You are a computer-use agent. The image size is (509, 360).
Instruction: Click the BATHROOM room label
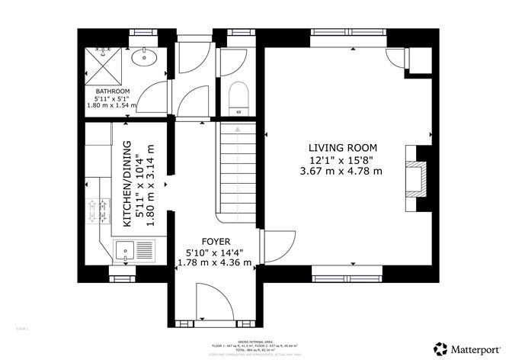click(112, 92)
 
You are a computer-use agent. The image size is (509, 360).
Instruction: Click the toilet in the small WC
click(237, 97)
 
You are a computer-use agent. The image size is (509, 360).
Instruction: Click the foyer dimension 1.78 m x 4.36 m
click(214, 262)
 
